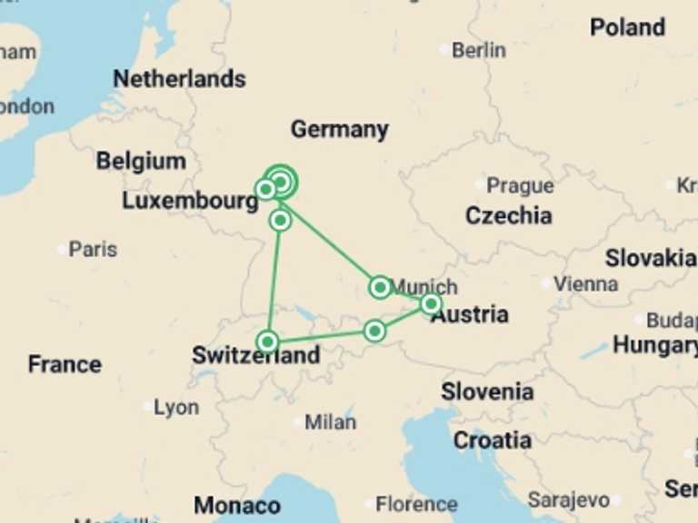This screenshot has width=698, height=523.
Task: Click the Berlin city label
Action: (478, 50)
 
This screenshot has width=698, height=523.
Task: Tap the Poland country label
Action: (627, 27)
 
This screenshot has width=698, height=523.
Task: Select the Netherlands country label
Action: (179, 79)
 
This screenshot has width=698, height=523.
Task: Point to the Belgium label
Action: (141, 162)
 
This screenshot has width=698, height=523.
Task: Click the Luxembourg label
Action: (190, 201)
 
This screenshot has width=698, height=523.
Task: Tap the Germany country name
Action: (339, 130)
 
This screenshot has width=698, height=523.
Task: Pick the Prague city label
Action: (519, 185)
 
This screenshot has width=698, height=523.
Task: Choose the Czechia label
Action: (508, 216)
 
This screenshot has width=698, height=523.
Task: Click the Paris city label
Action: (93, 249)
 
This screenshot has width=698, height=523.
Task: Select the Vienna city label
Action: (585, 283)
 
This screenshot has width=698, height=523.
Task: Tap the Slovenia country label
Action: (487, 392)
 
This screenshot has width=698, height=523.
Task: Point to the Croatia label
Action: (492, 440)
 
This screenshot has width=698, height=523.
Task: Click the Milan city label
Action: (330, 422)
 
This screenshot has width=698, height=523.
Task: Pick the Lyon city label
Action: (175, 408)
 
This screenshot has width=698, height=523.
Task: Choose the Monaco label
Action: (237, 505)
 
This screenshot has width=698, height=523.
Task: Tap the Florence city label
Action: (416, 504)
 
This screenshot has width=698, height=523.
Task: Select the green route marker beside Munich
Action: (380, 288)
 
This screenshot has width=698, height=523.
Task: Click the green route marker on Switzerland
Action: (267, 341)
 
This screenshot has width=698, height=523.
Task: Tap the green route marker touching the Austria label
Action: (431, 303)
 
